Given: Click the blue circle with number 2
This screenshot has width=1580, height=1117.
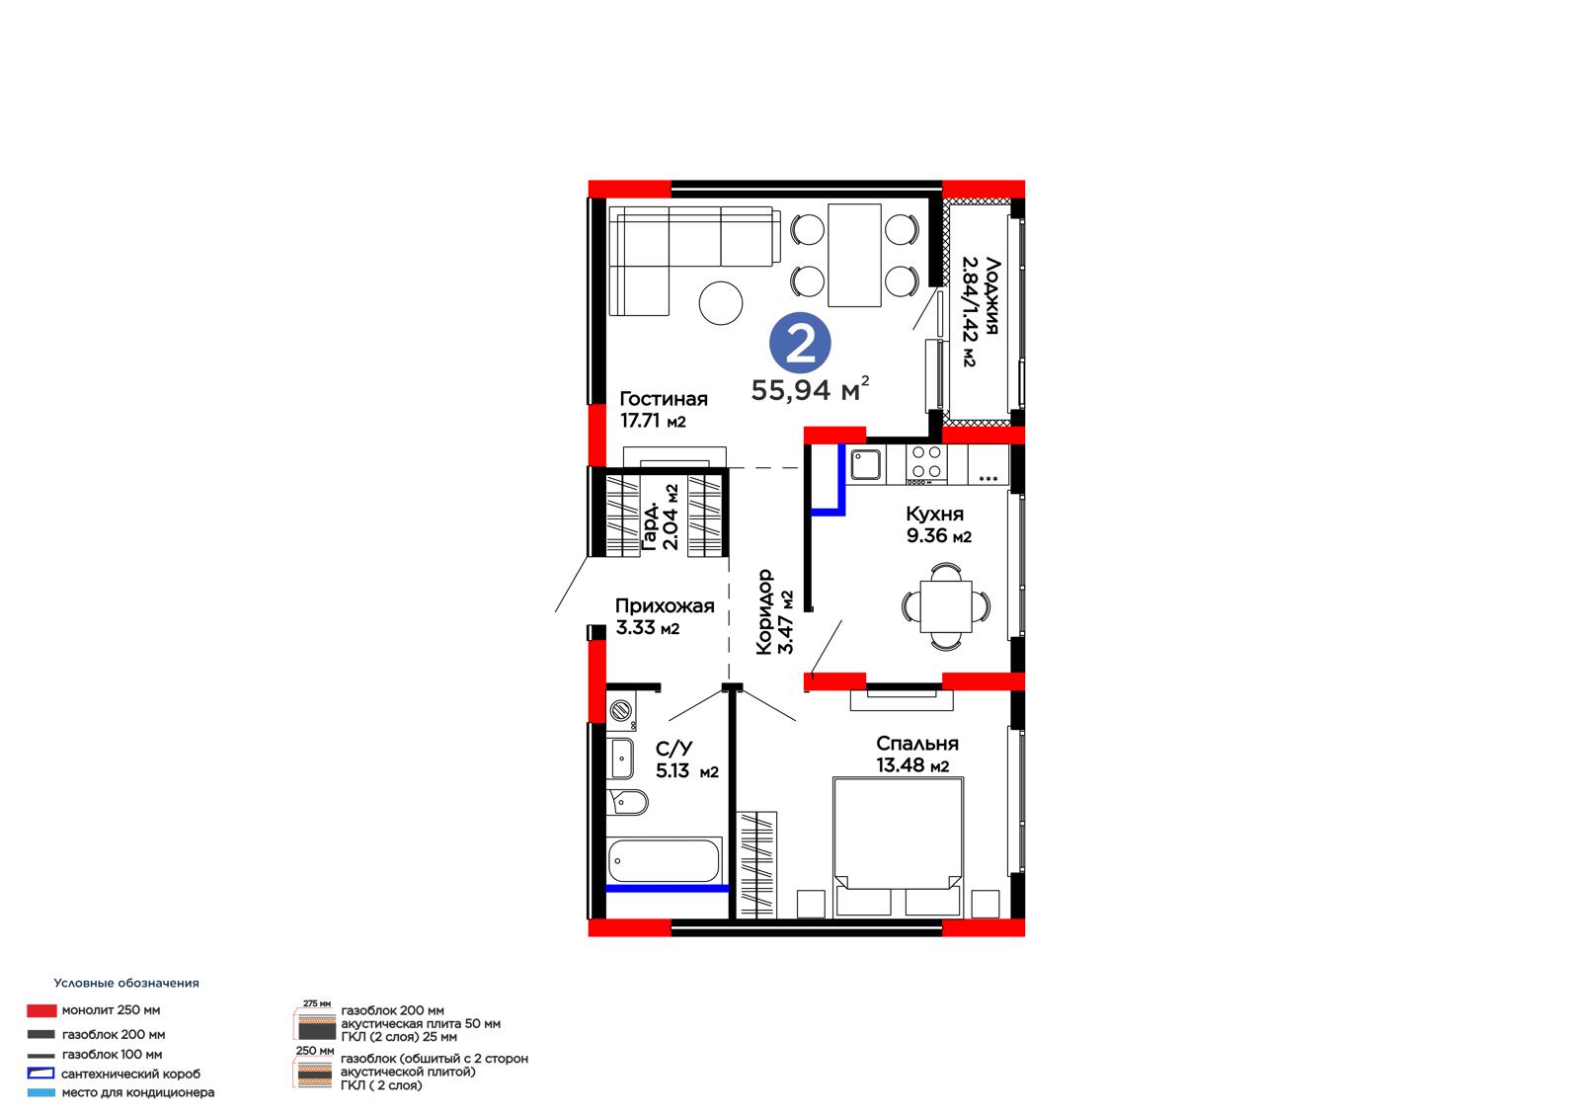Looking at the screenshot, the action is tap(800, 343).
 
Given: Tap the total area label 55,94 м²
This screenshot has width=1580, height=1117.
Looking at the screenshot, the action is tap(810, 389).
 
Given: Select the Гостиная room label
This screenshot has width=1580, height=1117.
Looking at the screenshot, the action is tap(663, 399).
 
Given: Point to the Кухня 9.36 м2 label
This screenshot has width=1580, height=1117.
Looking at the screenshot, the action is tap(938, 524).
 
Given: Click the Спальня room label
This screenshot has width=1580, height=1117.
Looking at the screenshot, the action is tap(917, 743).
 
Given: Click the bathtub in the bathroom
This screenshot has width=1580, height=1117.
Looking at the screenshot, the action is tap(664, 860).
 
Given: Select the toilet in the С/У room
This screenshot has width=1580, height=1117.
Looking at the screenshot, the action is tap(627, 802).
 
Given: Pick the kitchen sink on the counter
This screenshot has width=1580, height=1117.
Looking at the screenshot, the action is tap(865, 465).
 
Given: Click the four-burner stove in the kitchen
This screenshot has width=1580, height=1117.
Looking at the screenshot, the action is tap(926, 464).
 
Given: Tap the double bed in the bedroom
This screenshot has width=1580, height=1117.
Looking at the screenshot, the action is tap(898, 847).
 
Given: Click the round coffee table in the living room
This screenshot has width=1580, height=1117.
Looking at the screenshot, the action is tap(720, 303).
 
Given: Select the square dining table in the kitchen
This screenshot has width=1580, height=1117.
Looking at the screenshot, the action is tap(946, 606).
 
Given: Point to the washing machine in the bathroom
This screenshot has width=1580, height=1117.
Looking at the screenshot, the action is tap(621, 710).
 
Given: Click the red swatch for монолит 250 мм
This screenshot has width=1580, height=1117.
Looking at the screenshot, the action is tap(41, 1010).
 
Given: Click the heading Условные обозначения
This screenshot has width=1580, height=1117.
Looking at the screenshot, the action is tap(126, 983).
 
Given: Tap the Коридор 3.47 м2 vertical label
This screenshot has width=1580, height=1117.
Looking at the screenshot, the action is tap(774, 611).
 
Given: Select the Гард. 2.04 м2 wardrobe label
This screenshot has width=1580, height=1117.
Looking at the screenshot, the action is tap(661, 518).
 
